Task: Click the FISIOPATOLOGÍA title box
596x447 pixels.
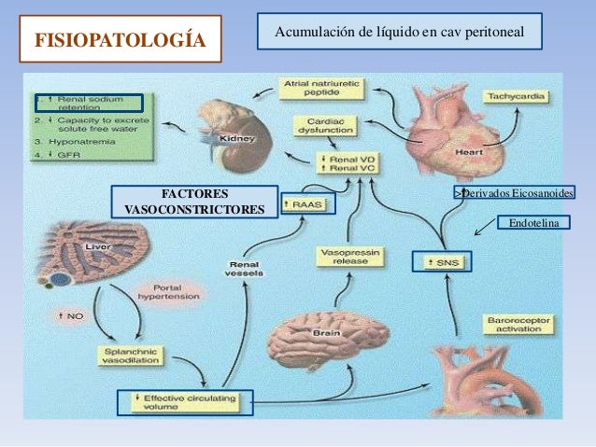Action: [x=121, y=41]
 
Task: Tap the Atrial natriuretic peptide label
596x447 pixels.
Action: [x=321, y=90]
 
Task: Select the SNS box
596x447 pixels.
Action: [x=442, y=260]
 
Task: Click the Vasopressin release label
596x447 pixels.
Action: [x=341, y=257]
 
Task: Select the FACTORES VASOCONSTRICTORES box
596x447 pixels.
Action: [x=193, y=201]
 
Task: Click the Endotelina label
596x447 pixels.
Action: [x=533, y=222]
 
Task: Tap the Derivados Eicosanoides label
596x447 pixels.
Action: [x=514, y=192]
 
